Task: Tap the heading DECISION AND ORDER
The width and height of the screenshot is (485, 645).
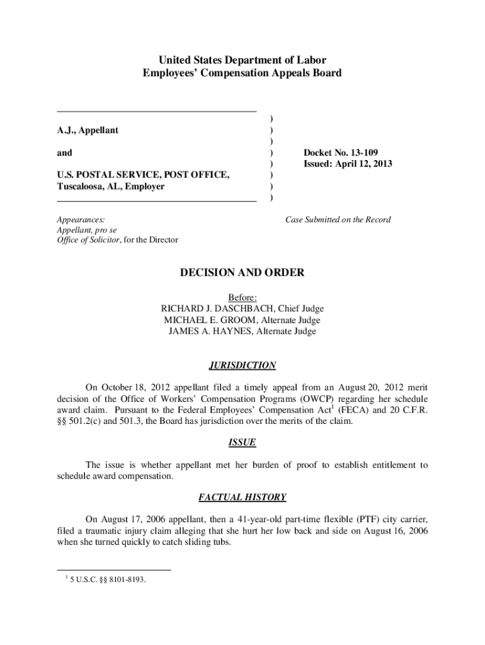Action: tap(243, 273)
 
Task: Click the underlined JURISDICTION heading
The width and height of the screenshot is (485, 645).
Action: tap(243, 365)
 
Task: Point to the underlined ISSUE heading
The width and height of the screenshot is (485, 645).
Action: tap(243, 442)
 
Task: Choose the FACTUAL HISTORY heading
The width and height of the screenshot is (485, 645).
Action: tap(243, 498)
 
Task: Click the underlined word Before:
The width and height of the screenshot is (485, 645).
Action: tap(243, 297)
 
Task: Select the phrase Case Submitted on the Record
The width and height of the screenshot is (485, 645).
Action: tap(338, 220)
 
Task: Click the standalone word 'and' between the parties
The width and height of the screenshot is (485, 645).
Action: tap(64, 152)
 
